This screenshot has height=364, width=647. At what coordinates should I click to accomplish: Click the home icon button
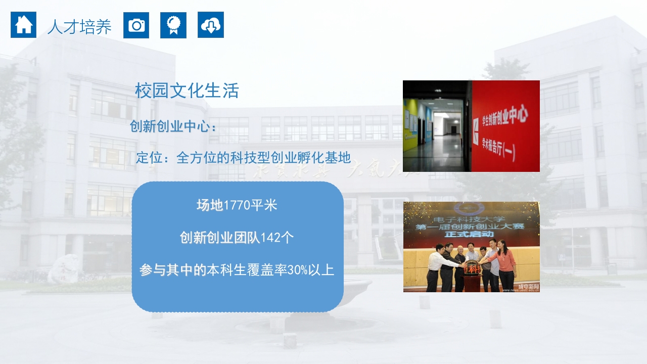[23, 25]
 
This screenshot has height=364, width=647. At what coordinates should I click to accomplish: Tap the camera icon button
[136, 25]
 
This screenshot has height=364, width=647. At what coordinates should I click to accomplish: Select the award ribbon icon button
[173, 25]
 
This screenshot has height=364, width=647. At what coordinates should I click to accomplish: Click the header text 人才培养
[79, 27]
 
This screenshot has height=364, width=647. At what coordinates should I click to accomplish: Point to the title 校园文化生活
[187, 91]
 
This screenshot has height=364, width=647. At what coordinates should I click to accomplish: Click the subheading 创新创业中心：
[173, 126]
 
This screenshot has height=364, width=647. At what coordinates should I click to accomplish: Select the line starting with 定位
[243, 158]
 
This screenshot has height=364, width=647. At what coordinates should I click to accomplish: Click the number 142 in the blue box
[270, 238]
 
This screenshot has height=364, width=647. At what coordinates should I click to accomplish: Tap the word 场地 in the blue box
[209, 206]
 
